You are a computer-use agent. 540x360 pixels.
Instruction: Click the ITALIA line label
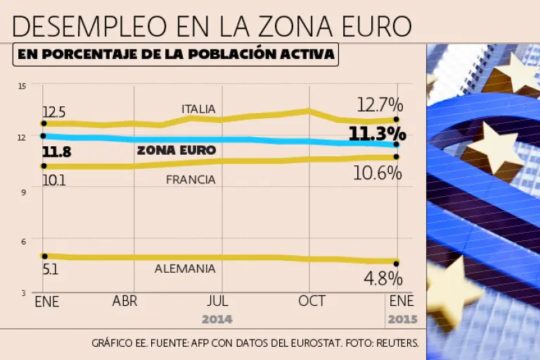(x=198, y=109)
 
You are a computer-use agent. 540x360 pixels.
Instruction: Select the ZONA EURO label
(x=176, y=150)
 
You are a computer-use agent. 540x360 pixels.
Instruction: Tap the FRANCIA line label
(x=191, y=180)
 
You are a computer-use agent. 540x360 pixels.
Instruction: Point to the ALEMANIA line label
(x=186, y=269)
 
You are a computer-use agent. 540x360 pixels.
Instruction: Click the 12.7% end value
(x=380, y=105)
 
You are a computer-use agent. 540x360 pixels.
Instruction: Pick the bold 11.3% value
(x=377, y=134)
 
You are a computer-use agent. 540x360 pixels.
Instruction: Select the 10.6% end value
(x=379, y=173)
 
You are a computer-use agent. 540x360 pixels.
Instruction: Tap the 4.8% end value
(x=382, y=278)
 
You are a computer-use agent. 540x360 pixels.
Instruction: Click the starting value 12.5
(x=53, y=112)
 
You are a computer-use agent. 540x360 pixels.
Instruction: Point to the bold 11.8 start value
(x=56, y=150)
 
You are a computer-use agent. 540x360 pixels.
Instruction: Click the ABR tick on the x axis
(x=124, y=301)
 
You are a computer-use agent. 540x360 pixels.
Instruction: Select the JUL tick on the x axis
(x=218, y=301)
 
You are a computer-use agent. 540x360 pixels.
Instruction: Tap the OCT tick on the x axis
(x=311, y=301)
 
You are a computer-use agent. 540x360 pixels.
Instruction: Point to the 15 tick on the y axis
(x=22, y=86)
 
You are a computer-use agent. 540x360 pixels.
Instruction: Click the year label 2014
(x=217, y=319)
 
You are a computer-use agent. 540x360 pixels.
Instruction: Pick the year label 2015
(x=402, y=319)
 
